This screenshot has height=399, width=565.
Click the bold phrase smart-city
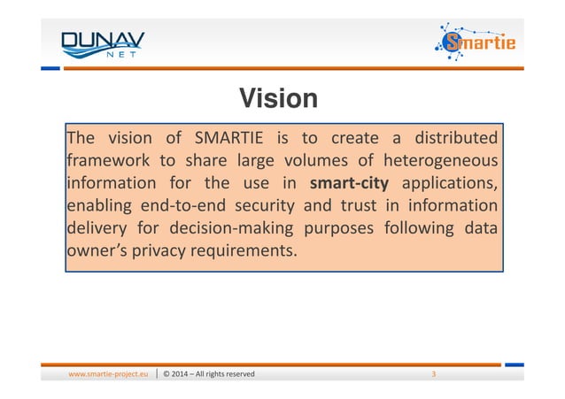352,184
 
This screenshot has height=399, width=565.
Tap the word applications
449,184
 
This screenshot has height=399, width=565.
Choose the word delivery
97,228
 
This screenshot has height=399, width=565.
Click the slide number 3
433,374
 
